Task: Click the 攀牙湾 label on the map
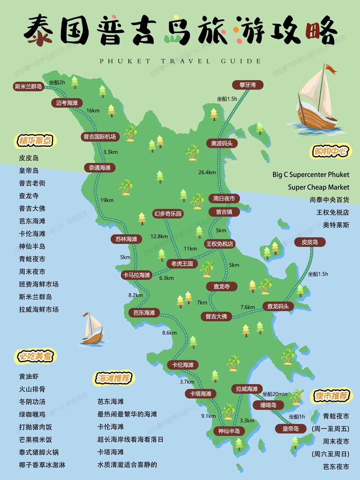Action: (x=247, y=85)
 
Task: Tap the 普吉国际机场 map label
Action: (x=99, y=136)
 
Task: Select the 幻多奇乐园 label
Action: (x=168, y=214)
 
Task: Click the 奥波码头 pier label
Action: (x=222, y=143)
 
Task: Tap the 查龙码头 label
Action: (x=280, y=306)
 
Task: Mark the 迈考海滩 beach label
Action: (x=67, y=103)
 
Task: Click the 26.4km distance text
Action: (x=207, y=172)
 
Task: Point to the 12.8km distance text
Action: (x=159, y=236)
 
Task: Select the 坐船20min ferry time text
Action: (x=275, y=394)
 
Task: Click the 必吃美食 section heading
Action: (x=36, y=356)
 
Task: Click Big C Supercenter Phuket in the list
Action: (x=310, y=174)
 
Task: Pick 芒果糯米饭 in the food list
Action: (x=36, y=440)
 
